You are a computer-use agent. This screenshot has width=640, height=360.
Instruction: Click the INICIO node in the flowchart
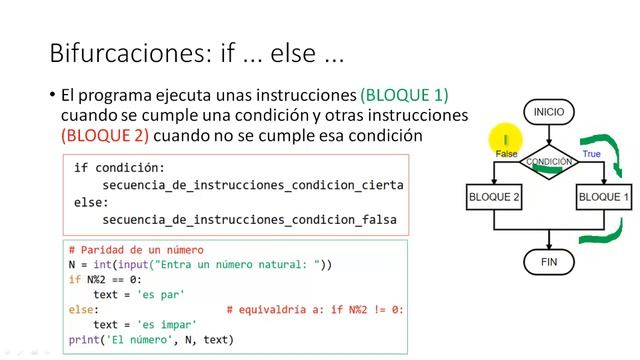pyautogui.click(x=549, y=112)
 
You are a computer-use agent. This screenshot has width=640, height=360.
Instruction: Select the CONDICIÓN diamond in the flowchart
pyautogui.click(x=549, y=161)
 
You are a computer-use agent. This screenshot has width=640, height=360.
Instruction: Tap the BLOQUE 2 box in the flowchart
pyautogui.click(x=494, y=198)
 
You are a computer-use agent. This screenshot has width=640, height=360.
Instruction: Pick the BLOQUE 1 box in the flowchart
pyautogui.click(x=604, y=198)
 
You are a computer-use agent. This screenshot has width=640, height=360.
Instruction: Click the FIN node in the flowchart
pyautogui.click(x=549, y=262)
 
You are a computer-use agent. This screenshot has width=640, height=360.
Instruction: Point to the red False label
pyautogui.click(x=506, y=154)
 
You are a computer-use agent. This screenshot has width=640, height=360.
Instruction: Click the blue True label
pyautogui.click(x=591, y=154)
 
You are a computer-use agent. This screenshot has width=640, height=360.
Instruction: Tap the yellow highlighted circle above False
pyautogui.click(x=506, y=141)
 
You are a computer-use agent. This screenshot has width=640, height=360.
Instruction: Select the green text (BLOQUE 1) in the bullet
pyautogui.click(x=404, y=96)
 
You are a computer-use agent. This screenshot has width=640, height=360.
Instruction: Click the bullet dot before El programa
pyautogui.click(x=51, y=96)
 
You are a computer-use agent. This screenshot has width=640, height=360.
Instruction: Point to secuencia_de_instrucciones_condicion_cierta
pyautogui.click(x=253, y=186)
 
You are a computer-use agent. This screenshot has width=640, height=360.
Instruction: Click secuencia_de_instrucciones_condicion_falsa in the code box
pyautogui.click(x=250, y=219)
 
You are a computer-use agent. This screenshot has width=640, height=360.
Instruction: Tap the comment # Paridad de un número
pyautogui.click(x=136, y=250)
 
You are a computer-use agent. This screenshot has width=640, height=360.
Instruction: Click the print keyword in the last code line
pyautogui.click(x=84, y=340)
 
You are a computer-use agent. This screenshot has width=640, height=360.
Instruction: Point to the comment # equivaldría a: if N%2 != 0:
pyautogui.click(x=315, y=310)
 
